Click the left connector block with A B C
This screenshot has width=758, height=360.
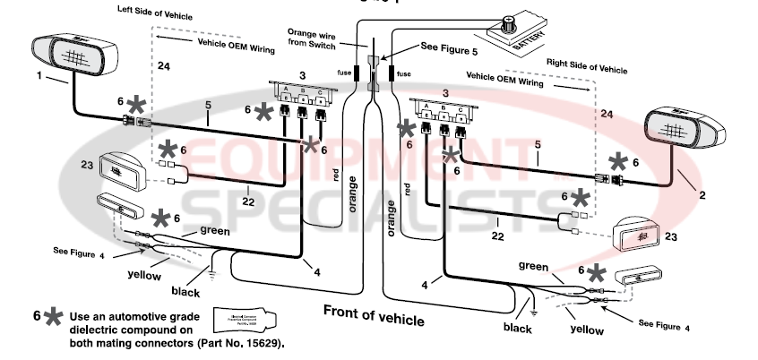coord(302,93)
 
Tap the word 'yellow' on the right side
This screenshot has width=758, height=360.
coord(586,330)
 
